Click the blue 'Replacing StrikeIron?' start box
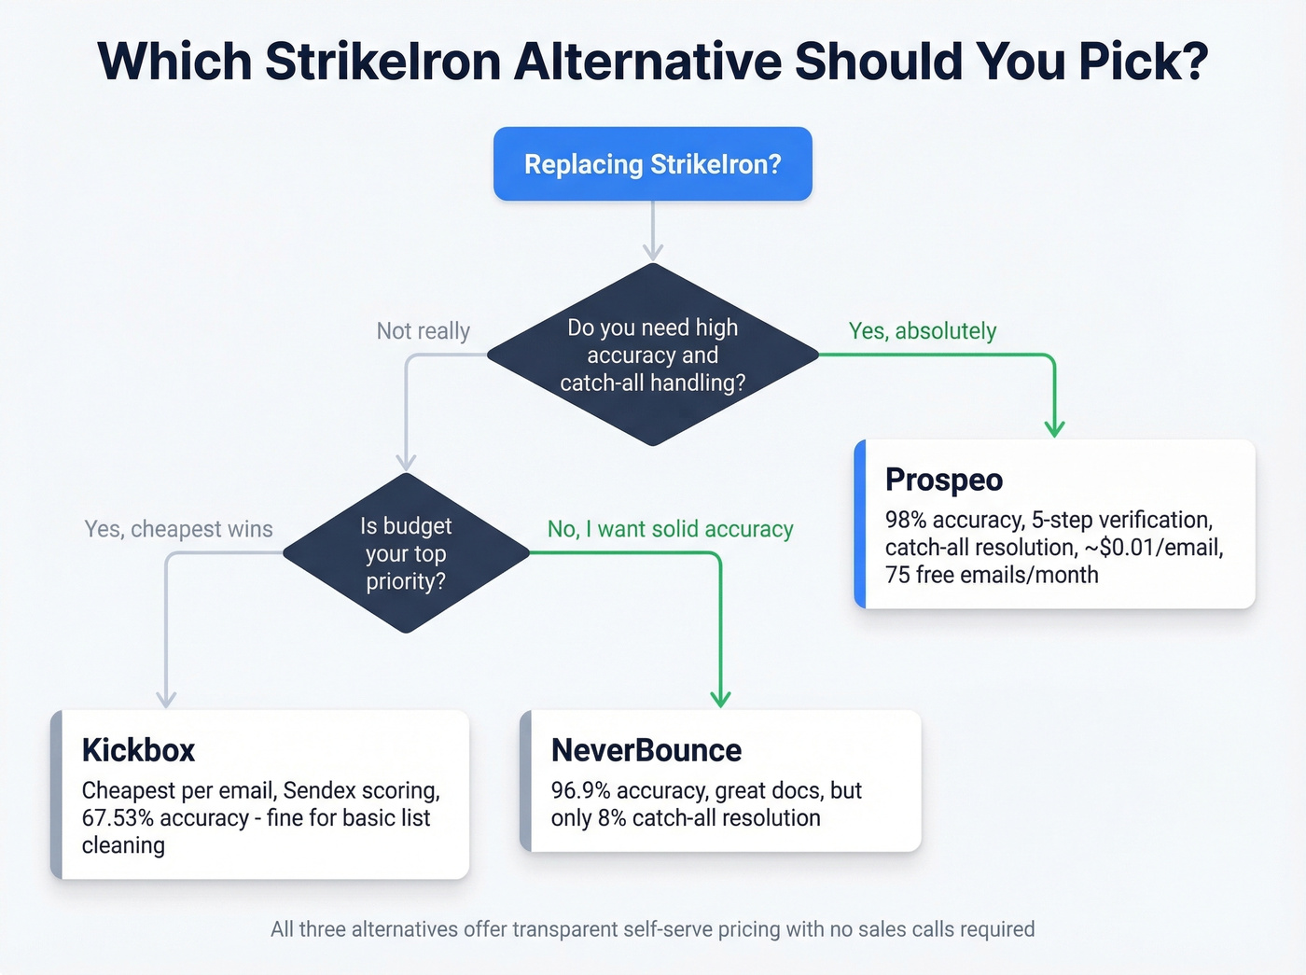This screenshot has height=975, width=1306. tap(652, 164)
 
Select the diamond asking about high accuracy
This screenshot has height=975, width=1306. tap(652, 355)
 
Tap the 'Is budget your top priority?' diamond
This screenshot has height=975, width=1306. tap(406, 553)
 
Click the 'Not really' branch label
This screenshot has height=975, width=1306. tap(423, 331)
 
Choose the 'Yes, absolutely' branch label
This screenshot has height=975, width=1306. tap(922, 331)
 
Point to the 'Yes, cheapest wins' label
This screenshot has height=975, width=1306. tap(178, 529)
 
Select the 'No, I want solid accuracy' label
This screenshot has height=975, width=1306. tap(670, 529)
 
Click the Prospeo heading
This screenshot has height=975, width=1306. tap(943, 480)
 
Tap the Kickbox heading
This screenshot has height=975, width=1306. tap(138, 750)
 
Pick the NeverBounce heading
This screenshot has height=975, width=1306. tap(646, 750)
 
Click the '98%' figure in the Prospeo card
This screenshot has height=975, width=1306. tap(906, 520)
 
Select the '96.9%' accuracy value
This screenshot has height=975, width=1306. tap(581, 790)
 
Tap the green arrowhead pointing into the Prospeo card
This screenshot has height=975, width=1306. tap(1054, 428)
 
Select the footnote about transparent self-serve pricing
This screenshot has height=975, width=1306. tap(652, 929)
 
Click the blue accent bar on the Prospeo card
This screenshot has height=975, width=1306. tap(860, 524)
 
